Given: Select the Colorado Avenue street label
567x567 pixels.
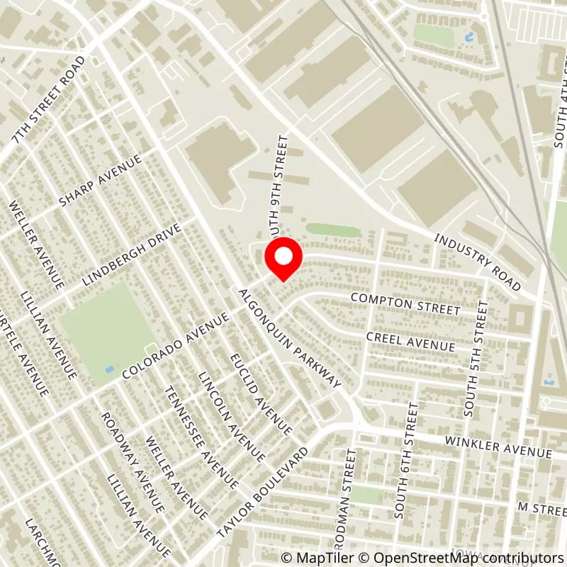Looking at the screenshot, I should click(175, 346).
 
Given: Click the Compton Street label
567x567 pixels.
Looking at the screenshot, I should click(405, 305).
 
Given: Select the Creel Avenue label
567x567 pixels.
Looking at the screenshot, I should click(410, 340).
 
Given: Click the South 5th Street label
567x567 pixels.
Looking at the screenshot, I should click(474, 358).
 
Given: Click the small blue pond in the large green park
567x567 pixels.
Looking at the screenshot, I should click(107, 369).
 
